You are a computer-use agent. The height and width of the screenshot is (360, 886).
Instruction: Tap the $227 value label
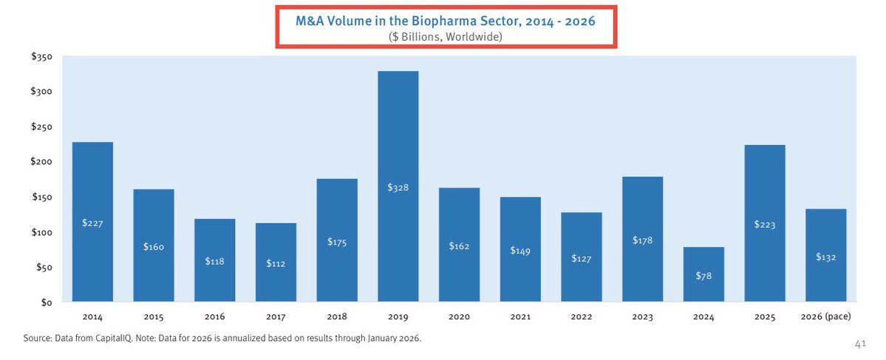(92, 223)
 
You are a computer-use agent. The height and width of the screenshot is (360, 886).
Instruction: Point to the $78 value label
(703, 276)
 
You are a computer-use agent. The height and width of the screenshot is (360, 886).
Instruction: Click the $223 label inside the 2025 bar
(765, 225)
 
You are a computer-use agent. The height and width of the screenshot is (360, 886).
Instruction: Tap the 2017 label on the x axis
(276, 317)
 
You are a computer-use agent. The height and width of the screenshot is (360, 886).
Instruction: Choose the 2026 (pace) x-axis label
(825, 317)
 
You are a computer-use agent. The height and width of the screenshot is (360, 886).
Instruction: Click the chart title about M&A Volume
(446, 21)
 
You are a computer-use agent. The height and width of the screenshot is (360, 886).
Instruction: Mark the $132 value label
(825, 257)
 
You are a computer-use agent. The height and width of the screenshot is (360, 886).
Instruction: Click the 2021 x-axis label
(519, 317)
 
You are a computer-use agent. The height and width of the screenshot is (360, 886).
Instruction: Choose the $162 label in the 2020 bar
(459, 245)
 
